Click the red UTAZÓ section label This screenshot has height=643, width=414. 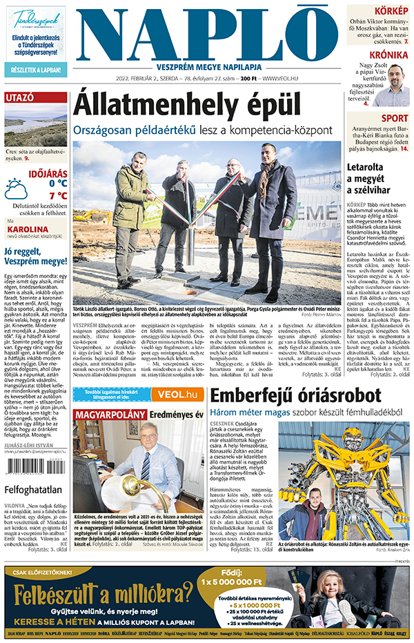[20, 98]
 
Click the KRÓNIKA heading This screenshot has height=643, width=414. [388, 55]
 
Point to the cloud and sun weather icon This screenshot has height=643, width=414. [16, 188]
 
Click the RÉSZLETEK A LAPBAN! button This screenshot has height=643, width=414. [35, 70]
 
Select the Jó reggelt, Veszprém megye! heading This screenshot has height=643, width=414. [34, 257]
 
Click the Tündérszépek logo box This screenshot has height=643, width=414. [35, 17]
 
